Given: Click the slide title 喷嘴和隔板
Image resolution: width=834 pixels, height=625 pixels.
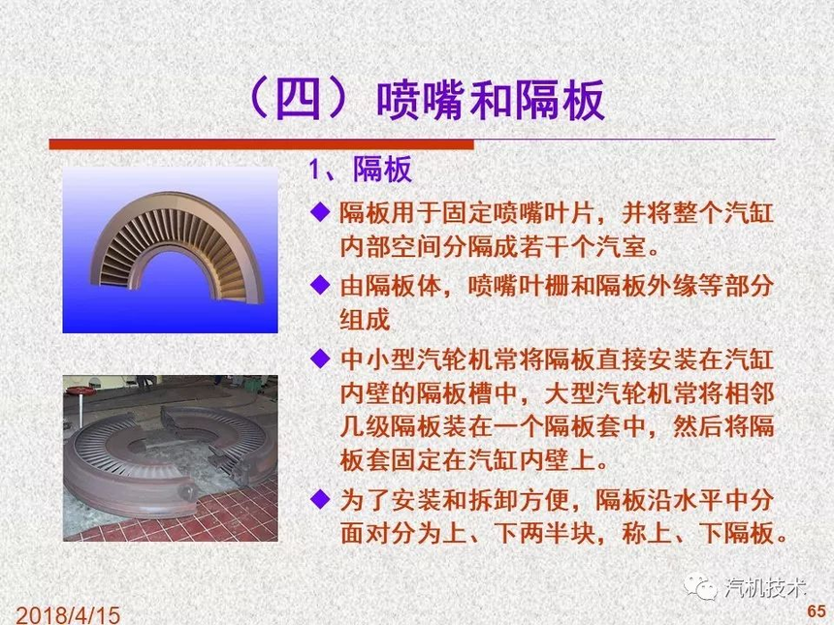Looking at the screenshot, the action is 491,101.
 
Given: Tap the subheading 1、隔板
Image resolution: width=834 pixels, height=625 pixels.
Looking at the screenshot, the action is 361,170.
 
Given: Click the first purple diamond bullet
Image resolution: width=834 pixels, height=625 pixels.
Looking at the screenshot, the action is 320,211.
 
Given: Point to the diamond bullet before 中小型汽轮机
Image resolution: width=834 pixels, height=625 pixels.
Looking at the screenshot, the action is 320,359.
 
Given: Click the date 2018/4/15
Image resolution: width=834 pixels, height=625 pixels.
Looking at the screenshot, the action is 68,615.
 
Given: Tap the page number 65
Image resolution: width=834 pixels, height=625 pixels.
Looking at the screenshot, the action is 817,610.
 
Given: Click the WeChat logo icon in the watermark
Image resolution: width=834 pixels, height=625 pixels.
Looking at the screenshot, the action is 700,587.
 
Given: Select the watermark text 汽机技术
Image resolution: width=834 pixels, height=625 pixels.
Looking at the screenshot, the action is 765,587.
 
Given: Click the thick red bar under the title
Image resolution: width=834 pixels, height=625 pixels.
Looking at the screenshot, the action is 261,144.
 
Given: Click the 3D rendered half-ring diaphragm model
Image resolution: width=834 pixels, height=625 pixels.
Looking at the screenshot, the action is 177,245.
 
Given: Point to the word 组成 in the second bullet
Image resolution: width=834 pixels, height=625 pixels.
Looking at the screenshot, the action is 365,319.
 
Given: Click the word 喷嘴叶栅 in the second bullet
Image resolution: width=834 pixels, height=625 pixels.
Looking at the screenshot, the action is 519,286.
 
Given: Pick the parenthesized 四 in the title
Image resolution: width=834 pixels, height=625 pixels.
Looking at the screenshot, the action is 299,101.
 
